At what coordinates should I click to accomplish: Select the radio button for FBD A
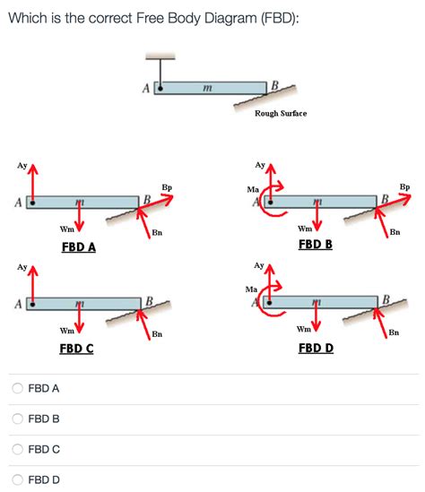(18, 389)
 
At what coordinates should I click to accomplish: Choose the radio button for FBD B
(18, 419)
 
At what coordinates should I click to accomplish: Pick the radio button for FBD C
(18, 450)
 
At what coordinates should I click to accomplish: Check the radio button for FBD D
(18, 480)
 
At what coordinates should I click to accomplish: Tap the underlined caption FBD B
(316, 244)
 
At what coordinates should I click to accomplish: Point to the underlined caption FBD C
(76, 348)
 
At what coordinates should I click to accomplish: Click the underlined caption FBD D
(316, 348)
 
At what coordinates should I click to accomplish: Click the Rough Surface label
(280, 114)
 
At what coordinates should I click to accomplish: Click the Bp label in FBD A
(167, 187)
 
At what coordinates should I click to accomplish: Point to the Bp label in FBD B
(404, 187)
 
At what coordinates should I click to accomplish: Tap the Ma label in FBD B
(253, 190)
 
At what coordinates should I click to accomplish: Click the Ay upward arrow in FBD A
(33, 184)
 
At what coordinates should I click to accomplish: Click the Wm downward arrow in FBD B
(317, 220)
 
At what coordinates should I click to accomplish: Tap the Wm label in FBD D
(304, 330)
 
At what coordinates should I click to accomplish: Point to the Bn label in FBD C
(157, 334)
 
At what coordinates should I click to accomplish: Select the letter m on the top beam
(206, 87)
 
